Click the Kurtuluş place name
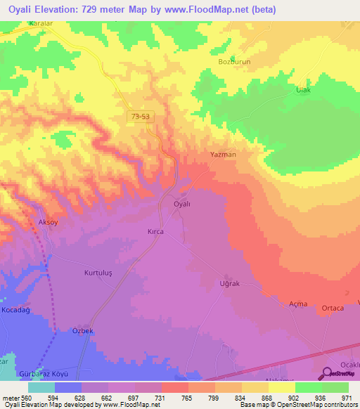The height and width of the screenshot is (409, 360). (98, 272)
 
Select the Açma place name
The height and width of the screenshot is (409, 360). (299, 303)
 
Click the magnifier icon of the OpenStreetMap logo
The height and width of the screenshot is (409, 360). (328, 375)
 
